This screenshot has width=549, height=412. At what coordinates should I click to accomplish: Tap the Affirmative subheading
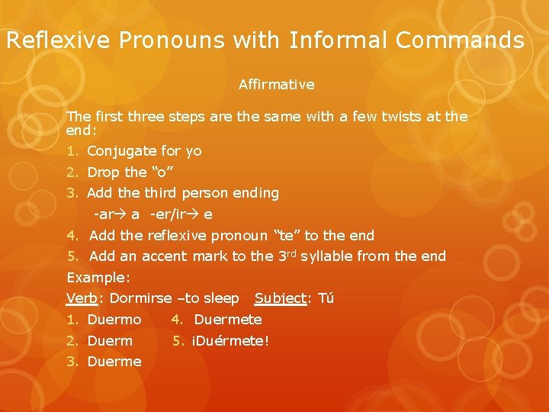point(276,85)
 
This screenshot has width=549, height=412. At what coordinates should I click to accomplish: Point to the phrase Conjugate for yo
point(145,151)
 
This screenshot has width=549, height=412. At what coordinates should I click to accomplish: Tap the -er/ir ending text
point(167,215)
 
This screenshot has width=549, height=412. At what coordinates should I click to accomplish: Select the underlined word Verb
point(82,298)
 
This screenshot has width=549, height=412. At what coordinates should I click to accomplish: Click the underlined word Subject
point(280,298)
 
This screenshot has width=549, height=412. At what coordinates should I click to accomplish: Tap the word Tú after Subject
point(325,298)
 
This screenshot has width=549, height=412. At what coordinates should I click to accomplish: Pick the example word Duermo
point(114,320)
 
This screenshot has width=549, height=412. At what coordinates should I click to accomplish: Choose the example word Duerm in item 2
point(110,341)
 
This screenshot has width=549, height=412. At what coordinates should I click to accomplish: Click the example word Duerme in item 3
point(114,362)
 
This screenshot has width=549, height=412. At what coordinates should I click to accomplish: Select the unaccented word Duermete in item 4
point(228,320)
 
